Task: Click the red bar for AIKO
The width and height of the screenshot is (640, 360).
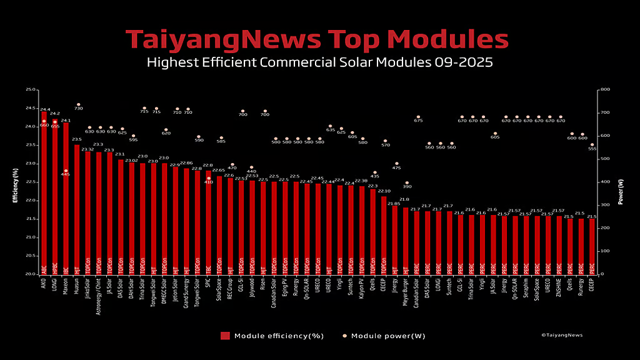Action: click(x=44, y=194)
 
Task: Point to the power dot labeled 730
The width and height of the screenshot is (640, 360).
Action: click(x=78, y=104)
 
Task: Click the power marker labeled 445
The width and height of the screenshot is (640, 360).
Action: click(x=66, y=171)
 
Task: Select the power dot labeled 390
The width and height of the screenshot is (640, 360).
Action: click(x=407, y=182)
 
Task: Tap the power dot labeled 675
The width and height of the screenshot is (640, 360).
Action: click(x=417, y=117)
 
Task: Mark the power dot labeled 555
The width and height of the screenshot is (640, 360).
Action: click(x=592, y=145)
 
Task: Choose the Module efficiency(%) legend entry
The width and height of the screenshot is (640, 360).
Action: click(x=272, y=336)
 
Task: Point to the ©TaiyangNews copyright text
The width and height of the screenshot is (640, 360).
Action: click(x=561, y=335)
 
